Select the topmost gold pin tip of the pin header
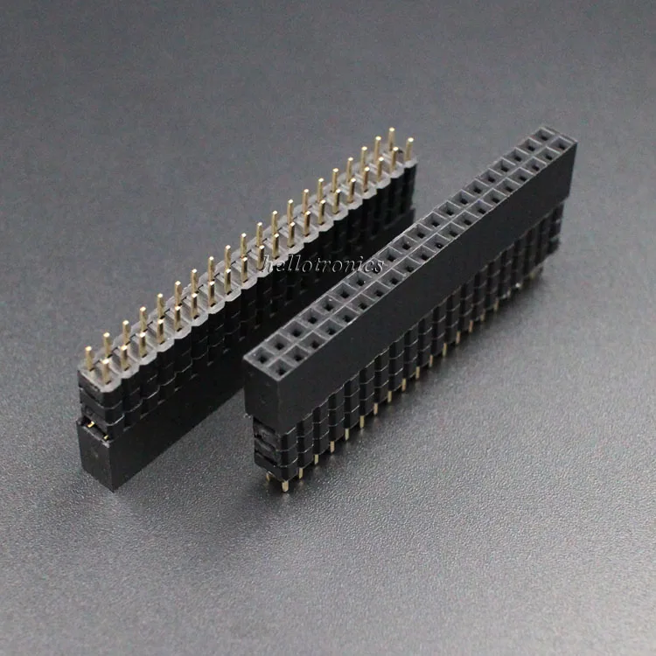(391, 133)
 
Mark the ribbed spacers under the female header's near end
(267, 446)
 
